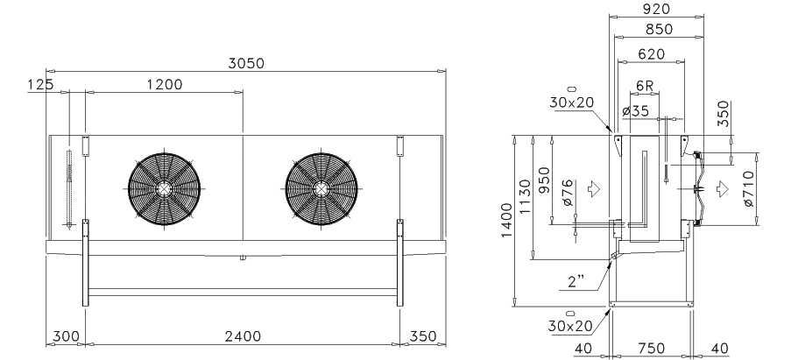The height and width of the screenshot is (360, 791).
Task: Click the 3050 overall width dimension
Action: click(245, 63)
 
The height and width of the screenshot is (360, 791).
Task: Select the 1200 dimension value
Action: click(165, 84)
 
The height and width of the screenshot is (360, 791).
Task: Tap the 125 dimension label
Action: click(40, 84)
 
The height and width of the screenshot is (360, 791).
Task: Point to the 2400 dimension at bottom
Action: click(244, 335)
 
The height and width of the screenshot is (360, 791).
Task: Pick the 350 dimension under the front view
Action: click(423, 335)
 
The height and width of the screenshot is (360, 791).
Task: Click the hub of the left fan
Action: click(164, 189)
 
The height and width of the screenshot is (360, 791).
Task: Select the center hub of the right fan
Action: click(321, 189)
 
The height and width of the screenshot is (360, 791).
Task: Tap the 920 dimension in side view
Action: click(656, 9)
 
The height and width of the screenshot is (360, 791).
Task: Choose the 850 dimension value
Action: click(659, 30)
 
